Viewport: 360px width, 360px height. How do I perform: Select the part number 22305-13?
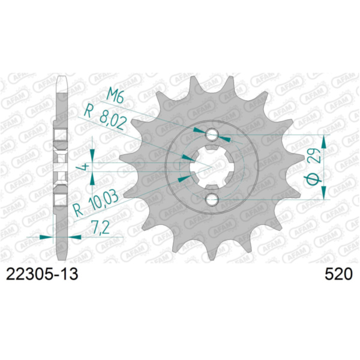coord(41,274)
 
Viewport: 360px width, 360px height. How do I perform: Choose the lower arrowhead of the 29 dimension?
coord(325,193)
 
